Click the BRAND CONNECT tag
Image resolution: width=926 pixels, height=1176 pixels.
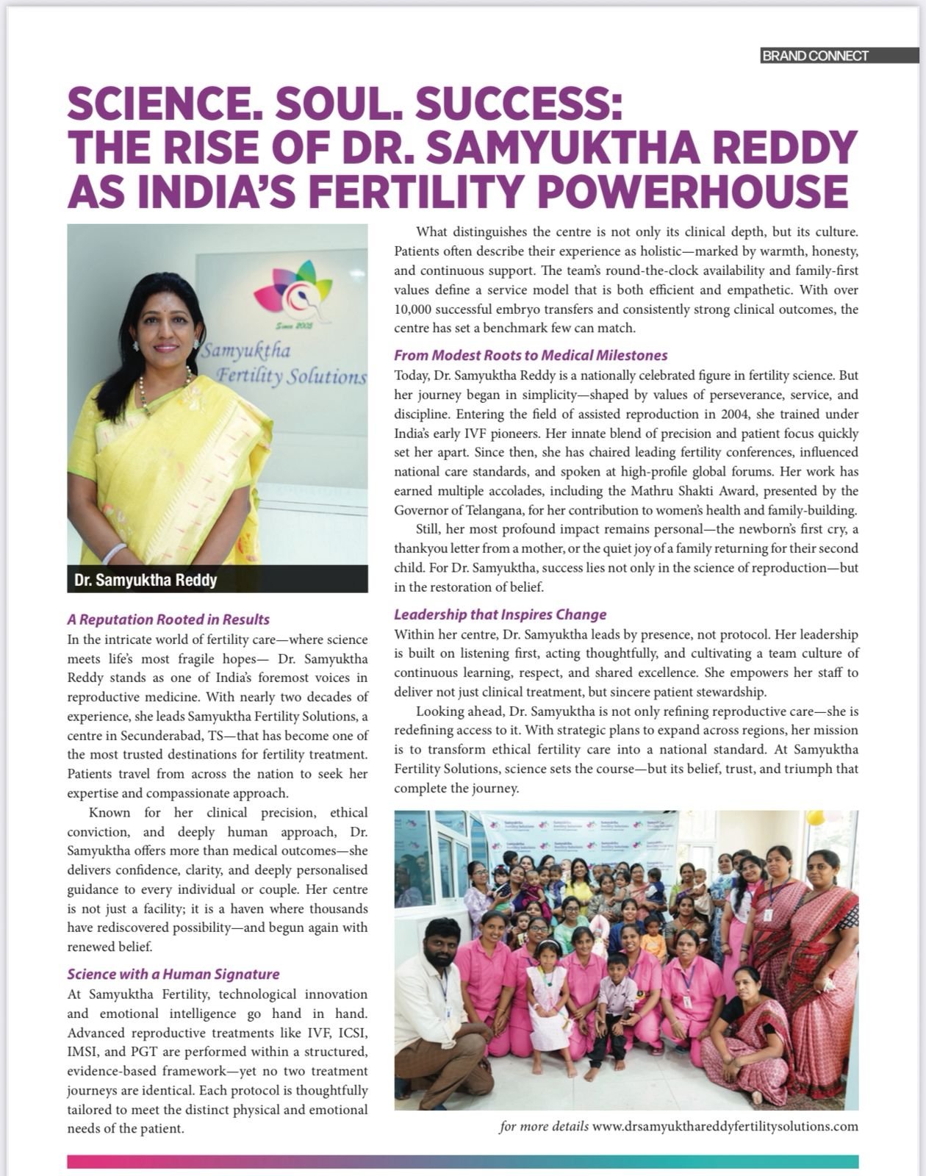(816, 56)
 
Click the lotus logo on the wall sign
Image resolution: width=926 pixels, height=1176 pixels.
(292, 288)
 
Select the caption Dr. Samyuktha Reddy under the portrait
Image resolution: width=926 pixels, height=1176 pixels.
(146, 580)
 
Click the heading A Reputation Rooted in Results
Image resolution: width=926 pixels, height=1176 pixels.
(168, 620)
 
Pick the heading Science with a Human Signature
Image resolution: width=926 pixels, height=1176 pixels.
(173, 974)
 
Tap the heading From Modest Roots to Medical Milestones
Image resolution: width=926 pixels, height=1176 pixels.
(531, 356)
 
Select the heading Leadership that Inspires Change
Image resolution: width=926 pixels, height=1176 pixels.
(500, 614)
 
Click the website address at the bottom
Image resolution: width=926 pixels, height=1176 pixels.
(725, 1126)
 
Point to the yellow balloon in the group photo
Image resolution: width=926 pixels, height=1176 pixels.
(816, 819)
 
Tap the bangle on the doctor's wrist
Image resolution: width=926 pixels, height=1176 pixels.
(115, 553)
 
